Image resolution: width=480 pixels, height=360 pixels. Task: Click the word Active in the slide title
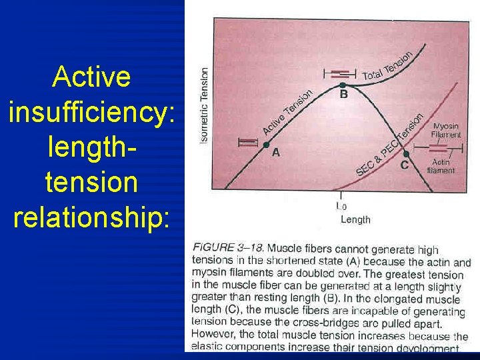tap(91, 77)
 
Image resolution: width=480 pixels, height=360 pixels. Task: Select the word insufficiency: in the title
tap(92, 113)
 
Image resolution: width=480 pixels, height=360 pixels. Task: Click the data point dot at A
tap(265, 145)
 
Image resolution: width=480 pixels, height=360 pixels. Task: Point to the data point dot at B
tap(343, 85)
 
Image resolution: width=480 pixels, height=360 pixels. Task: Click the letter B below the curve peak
tap(343, 95)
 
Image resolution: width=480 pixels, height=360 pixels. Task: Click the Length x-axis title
tap(355, 219)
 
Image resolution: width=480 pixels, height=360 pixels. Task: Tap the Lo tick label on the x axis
tap(341, 207)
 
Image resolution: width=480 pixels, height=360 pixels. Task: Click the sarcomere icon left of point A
tap(247, 141)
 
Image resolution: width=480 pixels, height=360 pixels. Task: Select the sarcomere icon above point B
tap(340, 73)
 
